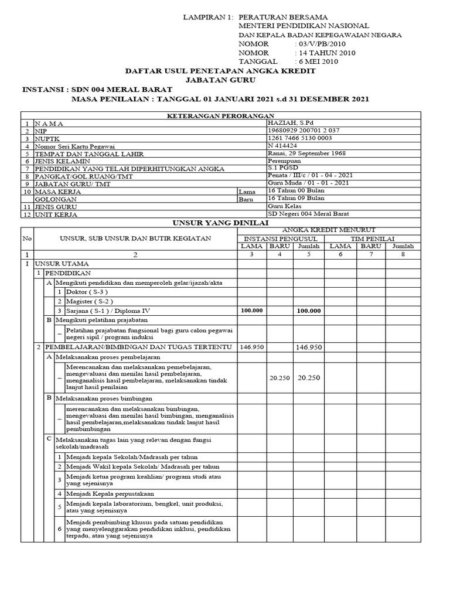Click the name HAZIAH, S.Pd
pyautogui.click(x=287, y=122)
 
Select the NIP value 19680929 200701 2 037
pyautogui.click(x=303, y=130)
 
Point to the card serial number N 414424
pyautogui.click(x=282, y=145)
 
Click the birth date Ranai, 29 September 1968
pyautogui.click(x=306, y=153)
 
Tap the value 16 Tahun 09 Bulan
pyautogui.click(x=296, y=199)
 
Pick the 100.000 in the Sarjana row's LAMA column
pyautogui.click(x=251, y=311)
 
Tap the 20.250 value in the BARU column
pyautogui.click(x=279, y=378)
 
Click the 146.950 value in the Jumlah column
pyautogui.click(x=309, y=347)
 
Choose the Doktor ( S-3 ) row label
pyautogui.click(x=87, y=292)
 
